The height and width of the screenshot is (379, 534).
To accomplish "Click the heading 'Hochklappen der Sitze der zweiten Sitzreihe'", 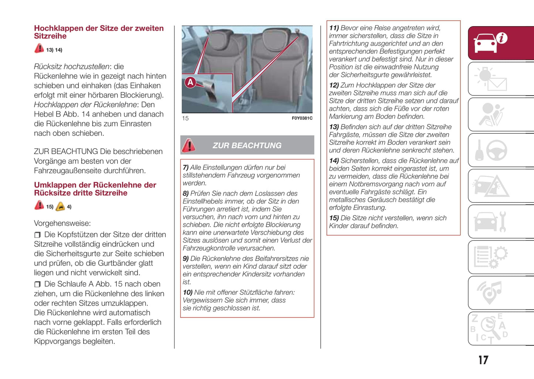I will [x=99, y=32].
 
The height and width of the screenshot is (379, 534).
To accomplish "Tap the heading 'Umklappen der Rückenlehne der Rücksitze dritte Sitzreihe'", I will [x=95, y=189].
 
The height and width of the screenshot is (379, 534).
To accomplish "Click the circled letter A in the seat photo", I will [x=190, y=82].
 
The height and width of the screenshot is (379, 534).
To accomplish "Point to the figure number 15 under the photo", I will [x=185, y=118].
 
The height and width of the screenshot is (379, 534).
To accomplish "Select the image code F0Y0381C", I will [x=302, y=118].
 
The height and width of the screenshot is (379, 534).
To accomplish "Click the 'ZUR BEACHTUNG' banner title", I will [x=247, y=146].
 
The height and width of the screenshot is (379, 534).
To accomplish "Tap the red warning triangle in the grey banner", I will [x=189, y=145].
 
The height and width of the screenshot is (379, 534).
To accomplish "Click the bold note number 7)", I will [x=186, y=167].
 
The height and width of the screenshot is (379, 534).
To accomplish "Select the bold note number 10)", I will [x=187, y=292].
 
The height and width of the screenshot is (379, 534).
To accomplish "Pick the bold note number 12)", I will [x=334, y=85].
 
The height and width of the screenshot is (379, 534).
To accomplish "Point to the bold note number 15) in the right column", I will [x=334, y=218].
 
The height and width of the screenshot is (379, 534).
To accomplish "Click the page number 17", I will [x=483, y=360].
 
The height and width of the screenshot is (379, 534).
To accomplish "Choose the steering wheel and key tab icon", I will [x=492, y=150].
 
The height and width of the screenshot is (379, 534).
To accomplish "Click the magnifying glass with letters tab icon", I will [x=490, y=328].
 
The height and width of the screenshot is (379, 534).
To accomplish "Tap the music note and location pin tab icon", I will [x=489, y=292].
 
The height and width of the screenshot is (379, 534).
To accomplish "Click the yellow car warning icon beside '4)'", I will [x=60, y=206].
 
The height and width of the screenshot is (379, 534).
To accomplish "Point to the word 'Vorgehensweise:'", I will [x=62, y=223].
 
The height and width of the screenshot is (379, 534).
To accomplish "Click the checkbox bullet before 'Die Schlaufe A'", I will [x=37, y=284].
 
